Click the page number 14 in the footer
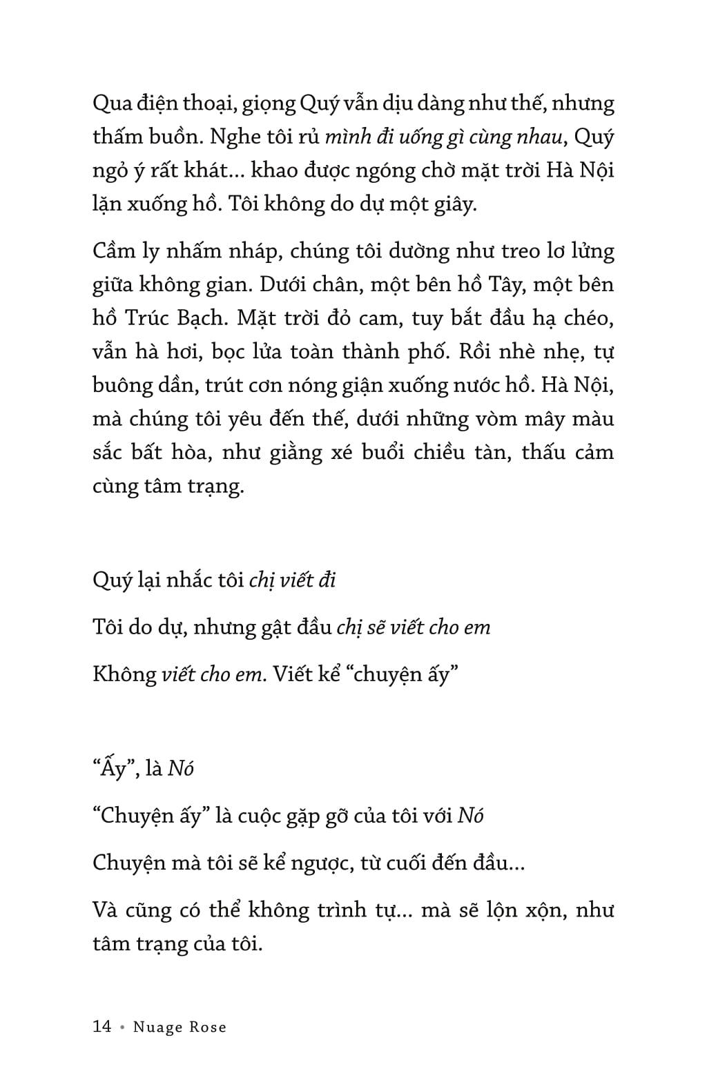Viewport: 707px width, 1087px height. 101,1026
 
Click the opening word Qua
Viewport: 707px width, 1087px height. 113,104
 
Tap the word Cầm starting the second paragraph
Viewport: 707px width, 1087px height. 114,251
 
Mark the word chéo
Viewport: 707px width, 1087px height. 590,318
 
